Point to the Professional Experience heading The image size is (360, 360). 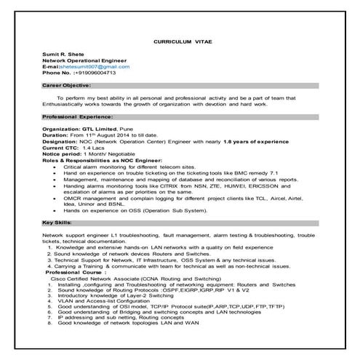pyautogui.click(x=77, y=116)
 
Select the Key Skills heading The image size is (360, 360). pyautogui.click(x=57, y=222)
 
